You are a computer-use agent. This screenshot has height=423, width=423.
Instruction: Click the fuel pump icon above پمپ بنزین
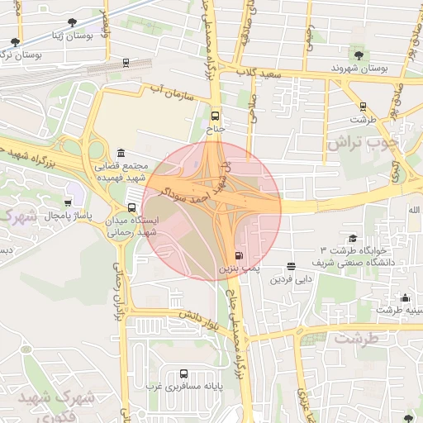pos(239,256)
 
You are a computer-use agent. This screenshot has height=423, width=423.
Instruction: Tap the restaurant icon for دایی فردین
pos(291,266)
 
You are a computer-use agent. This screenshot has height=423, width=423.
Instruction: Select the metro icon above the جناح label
pos(216,116)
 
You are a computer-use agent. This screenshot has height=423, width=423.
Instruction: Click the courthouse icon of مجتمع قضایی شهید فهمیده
pos(121,154)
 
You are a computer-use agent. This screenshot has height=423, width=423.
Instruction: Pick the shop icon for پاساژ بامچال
pos(68,202)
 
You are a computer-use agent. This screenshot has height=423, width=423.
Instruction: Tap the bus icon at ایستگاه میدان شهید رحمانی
pos(131,207)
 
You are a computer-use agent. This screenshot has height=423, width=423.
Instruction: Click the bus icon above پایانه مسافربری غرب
pos(182,373)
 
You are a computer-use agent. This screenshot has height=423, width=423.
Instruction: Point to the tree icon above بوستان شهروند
pos(357,55)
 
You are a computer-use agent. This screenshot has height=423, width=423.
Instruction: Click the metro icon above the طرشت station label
pos(363,106)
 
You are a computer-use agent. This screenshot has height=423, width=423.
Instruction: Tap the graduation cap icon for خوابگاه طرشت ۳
pos(354,237)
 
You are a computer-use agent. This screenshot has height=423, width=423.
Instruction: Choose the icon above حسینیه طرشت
pos(405,297)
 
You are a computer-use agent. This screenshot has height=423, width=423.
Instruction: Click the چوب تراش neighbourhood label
pos(361,142)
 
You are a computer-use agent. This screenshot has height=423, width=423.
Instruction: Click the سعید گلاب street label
pos(260,75)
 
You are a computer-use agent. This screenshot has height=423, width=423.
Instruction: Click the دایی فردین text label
pos(290,279)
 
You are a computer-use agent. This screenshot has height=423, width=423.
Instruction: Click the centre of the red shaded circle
pos(211,211)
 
